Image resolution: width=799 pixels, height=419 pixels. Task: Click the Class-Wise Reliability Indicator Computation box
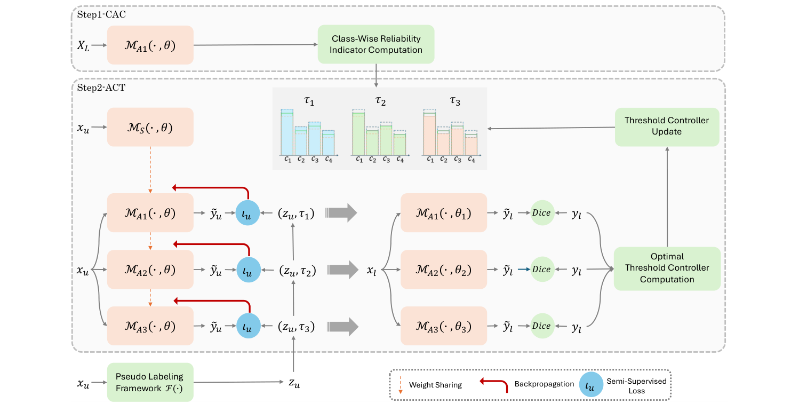point(376,45)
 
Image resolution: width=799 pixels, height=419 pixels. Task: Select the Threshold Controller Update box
point(667,127)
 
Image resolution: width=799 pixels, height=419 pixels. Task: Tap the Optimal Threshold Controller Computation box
point(667,268)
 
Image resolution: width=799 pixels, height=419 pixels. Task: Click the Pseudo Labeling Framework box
point(150,382)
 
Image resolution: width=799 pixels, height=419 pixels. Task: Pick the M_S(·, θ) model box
point(150,127)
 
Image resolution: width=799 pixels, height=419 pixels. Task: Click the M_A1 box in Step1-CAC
point(150,45)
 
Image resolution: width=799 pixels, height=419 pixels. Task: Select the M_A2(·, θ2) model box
point(443,269)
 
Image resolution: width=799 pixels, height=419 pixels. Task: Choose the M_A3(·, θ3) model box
point(443,326)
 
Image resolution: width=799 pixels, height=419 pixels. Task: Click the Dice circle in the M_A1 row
point(541,212)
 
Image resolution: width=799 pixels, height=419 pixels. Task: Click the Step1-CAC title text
point(101,14)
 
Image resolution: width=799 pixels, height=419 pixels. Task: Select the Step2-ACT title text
point(101,88)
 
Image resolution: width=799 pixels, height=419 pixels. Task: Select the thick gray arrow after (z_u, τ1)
point(341,212)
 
